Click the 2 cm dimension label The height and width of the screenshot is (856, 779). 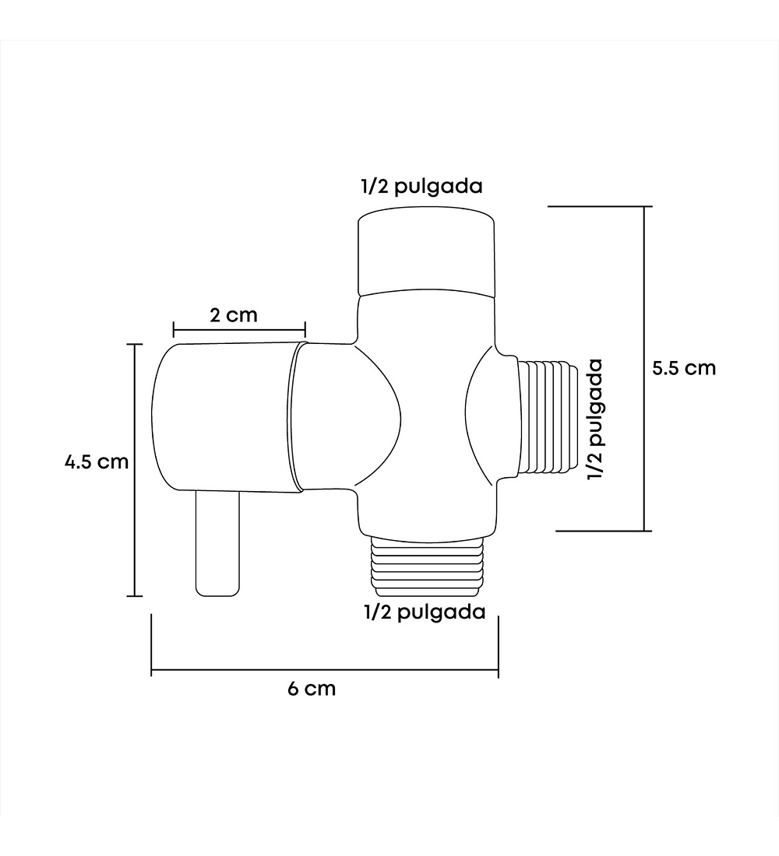coord(234,315)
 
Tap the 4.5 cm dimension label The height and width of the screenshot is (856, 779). coord(97,461)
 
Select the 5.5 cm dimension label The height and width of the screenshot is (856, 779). coord(684,368)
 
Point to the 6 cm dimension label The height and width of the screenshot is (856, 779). coord(312,689)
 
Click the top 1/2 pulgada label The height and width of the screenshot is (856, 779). coord(421,187)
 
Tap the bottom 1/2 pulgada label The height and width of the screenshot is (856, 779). coord(425,612)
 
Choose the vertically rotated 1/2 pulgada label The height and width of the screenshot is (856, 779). coord(595,419)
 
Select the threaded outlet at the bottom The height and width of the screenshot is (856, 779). coord(427,565)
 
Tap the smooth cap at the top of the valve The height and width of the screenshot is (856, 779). coord(426,251)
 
